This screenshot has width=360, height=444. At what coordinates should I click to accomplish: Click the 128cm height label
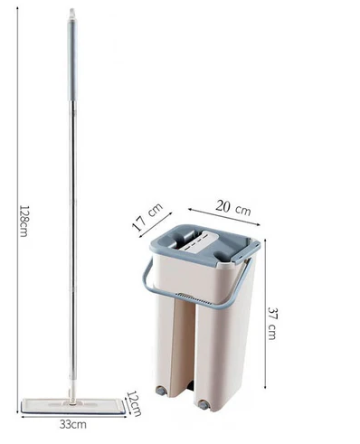click(24, 221)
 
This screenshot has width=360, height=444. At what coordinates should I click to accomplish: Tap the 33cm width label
click(72, 425)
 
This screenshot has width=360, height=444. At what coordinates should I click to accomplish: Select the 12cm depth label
click(134, 403)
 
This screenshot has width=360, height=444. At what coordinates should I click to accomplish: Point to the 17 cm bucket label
click(147, 216)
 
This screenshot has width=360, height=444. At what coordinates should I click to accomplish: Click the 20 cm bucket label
click(232, 207)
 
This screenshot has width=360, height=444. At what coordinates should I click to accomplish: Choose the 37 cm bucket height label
click(272, 323)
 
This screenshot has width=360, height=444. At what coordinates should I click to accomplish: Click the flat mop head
click(73, 406)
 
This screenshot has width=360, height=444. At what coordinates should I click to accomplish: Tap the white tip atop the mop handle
click(72, 14)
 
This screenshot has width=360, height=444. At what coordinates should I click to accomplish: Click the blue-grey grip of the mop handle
click(72, 61)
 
